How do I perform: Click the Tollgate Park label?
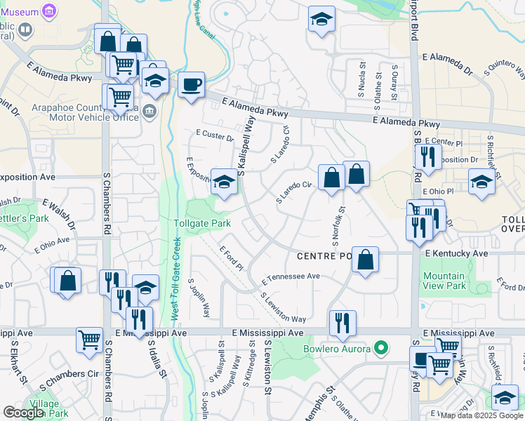coord(202,223)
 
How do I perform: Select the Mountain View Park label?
coord(444,281)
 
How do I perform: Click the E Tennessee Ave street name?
coord(291,278)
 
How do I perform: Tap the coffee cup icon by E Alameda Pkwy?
coord(191,86)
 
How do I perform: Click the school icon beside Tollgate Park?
coord(224,182)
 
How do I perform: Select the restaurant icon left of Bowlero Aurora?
coord(342,322)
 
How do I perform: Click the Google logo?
coord(23,413)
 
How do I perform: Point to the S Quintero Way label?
coord(503,68)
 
